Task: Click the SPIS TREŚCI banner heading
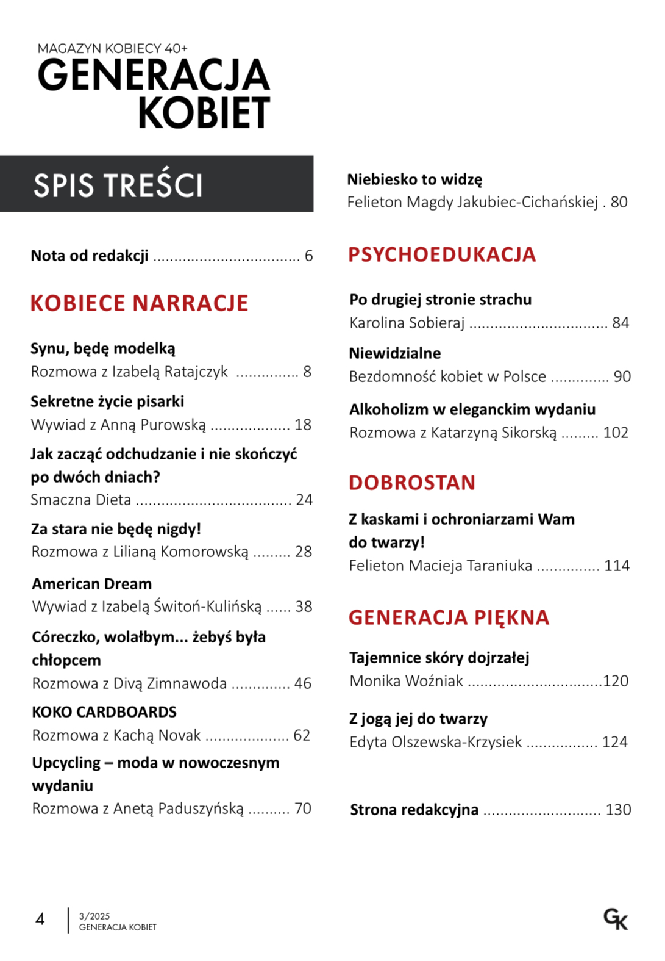118,185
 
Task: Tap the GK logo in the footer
616,919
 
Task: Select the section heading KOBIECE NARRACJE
139,303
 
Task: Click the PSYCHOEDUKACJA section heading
442,254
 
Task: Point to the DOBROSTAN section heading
412,483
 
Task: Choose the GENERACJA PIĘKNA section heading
449,617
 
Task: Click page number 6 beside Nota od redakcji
309,256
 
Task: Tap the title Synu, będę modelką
103,348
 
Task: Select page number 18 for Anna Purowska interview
303,425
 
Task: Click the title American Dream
92,584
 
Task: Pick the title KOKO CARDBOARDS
104,712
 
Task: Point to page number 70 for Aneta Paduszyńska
303,808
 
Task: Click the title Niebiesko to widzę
414,179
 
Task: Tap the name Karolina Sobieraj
407,323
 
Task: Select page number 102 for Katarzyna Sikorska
616,433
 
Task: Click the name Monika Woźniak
407,681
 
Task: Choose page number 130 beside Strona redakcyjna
618,810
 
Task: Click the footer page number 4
40,919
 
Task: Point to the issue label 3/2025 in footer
94,916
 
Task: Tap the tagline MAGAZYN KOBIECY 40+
113,48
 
